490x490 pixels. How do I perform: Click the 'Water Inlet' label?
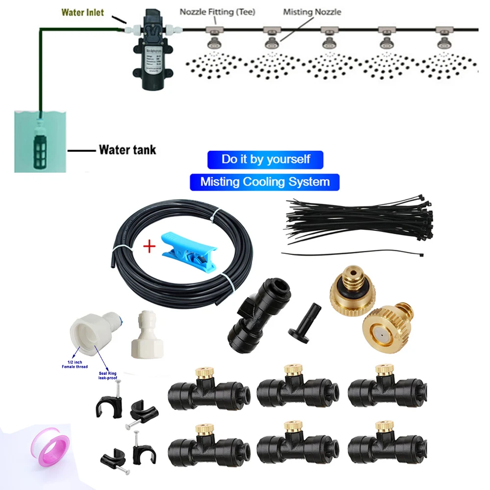click(x=82, y=12)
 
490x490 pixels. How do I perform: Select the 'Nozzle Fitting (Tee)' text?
click(x=217, y=11)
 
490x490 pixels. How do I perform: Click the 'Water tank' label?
click(x=127, y=149)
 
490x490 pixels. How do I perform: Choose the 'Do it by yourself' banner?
click(x=266, y=159)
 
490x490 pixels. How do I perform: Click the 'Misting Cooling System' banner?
click(x=265, y=182)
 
